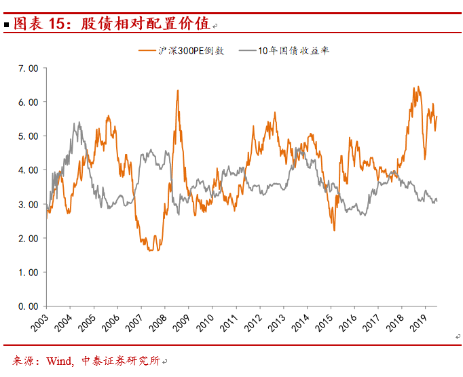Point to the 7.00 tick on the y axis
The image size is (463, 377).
coord(28,68)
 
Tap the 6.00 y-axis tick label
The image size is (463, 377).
coord(28,102)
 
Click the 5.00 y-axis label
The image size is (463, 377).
coord(28,136)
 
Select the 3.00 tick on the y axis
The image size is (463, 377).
coord(28,204)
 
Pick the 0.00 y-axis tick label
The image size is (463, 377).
coord(28,306)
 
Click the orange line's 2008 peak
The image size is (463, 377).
coord(178,90)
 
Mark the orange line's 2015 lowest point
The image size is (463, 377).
coord(334,231)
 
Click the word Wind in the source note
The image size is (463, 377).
coord(59,361)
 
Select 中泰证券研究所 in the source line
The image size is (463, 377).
coord(120,361)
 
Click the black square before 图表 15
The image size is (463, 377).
coord(6,25)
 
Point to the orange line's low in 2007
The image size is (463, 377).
coord(150,251)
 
